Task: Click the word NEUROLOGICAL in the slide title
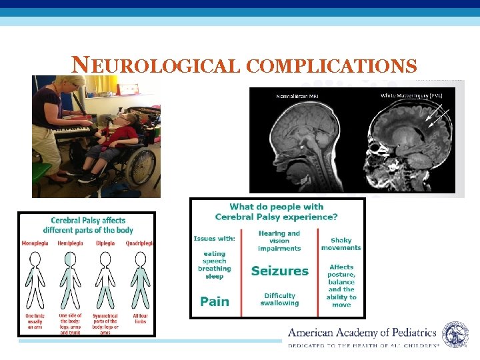[155, 66]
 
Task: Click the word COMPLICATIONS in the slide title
[331, 66]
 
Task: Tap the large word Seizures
[279, 271]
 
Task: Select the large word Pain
[215, 301]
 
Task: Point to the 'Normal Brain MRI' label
[297, 97]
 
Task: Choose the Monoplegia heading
[35, 243]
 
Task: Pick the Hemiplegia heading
[71, 243]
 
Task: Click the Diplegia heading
[105, 243]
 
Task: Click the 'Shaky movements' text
[341, 244]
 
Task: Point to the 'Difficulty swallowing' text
[279, 299]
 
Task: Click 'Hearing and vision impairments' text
[279, 241]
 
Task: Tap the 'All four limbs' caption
[140, 319]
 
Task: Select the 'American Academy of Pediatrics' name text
[362, 333]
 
